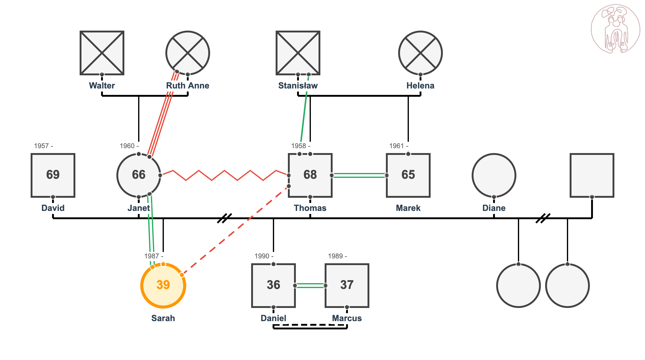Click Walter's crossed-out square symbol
(102, 53)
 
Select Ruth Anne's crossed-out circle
(188, 53)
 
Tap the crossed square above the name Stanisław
(298, 53)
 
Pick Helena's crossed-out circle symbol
(421, 53)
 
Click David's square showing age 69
(53, 175)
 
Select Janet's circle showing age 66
(139, 175)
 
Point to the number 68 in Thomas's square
(310, 175)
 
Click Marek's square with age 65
(408, 175)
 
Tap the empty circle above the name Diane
(494, 175)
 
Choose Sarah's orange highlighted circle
(163, 285)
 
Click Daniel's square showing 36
(273, 285)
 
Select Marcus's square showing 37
(347, 285)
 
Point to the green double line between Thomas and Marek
(359, 175)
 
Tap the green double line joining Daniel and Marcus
(310, 286)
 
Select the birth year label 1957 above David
(43, 146)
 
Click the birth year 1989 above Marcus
(337, 256)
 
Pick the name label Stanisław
(298, 86)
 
